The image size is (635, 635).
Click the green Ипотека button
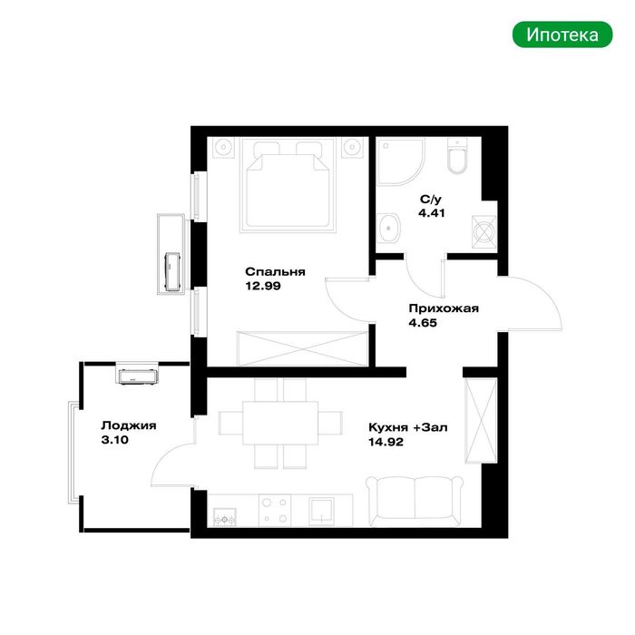(562, 34)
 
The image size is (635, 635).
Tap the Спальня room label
(275, 272)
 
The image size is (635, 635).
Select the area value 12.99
(263, 286)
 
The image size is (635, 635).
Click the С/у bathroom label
(431, 200)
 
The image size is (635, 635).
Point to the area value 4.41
(431, 213)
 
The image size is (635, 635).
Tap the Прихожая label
(444, 308)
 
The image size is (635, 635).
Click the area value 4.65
(423, 323)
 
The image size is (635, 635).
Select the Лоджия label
(129, 425)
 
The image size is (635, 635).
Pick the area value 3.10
(114, 440)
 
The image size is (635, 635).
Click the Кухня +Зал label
(408, 427)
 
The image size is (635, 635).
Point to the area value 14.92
(386, 442)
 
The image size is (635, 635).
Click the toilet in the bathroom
(458, 156)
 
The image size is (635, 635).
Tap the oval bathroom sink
(389, 229)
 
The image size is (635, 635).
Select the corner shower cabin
(400, 161)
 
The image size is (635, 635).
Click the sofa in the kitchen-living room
(415, 502)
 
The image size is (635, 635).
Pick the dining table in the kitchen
(280, 423)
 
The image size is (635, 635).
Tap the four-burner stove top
(275, 510)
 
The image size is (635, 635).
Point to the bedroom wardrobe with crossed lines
(303, 348)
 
